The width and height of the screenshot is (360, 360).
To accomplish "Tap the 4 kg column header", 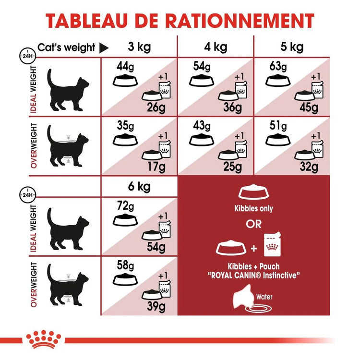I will coord(216,47).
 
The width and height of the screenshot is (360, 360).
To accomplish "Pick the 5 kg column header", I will coord(292,47).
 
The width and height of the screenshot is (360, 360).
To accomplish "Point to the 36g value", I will coord(233,108).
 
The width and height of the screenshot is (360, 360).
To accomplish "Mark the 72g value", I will coord(125,206).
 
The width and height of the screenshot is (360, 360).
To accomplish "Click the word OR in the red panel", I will coord(253,225).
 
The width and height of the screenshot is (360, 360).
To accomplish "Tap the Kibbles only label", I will coord(253,209).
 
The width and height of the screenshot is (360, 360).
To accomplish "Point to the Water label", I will coord(264,297).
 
